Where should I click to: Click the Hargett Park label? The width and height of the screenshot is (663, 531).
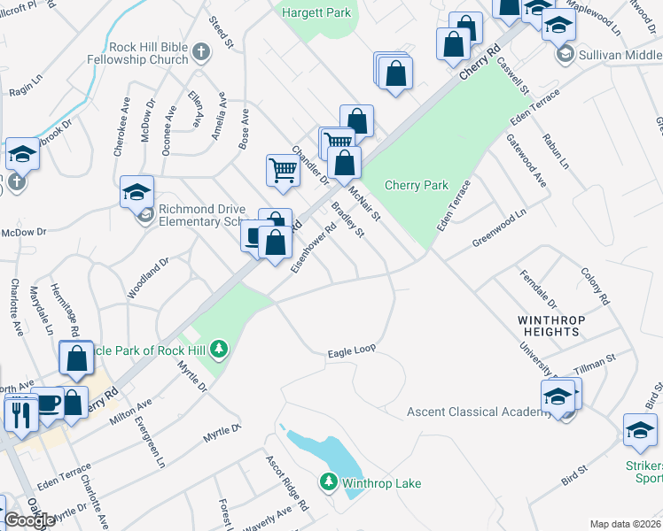tap(316, 12)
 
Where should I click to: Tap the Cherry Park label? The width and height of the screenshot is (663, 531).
tap(417, 185)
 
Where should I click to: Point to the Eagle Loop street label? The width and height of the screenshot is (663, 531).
tap(351, 351)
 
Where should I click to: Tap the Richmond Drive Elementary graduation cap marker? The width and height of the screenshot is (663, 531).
tap(137, 191)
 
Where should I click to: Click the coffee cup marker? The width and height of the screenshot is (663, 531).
tap(47, 404)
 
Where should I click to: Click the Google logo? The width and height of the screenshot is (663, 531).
tap(29, 520)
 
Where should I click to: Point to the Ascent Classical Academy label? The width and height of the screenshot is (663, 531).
tap(479, 412)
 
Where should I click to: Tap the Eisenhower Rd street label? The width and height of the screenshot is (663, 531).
tap(315, 247)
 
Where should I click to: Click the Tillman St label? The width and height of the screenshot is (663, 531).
tap(598, 363)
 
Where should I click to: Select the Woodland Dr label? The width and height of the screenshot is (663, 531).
tap(148, 278)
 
